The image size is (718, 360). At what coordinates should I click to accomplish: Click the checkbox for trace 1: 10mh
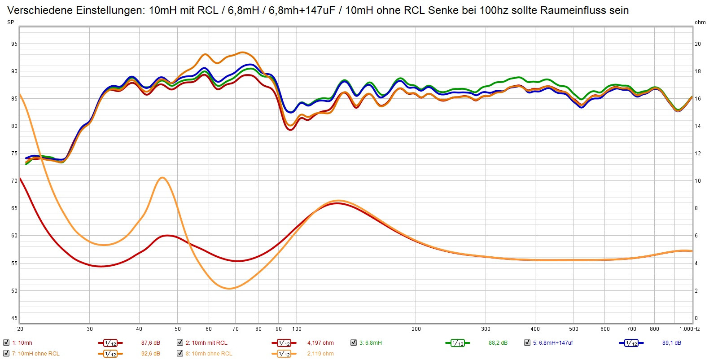6,342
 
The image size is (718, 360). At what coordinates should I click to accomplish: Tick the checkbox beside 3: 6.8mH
353,342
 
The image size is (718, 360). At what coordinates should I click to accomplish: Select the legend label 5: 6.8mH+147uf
553,342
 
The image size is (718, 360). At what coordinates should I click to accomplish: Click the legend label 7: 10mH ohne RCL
36,353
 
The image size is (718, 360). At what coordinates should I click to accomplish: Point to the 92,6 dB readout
151,353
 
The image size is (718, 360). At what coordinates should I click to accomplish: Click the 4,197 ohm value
320,342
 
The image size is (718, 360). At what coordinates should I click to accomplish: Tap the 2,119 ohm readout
320,353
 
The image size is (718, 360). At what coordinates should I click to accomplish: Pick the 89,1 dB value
672,342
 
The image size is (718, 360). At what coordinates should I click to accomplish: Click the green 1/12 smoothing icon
457,343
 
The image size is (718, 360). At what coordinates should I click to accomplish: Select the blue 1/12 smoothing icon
631,343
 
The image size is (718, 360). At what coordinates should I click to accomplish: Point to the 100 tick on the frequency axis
297,329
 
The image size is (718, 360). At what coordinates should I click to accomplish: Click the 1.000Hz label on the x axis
689,329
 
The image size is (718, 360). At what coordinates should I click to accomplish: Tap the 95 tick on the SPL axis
14,44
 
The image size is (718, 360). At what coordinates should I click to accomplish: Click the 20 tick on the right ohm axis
698,44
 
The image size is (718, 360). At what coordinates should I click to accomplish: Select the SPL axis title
12,22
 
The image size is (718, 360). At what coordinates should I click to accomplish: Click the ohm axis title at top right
700,22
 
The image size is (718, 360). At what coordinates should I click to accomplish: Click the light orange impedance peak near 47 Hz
162,178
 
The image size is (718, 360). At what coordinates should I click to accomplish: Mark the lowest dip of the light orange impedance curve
229,288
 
